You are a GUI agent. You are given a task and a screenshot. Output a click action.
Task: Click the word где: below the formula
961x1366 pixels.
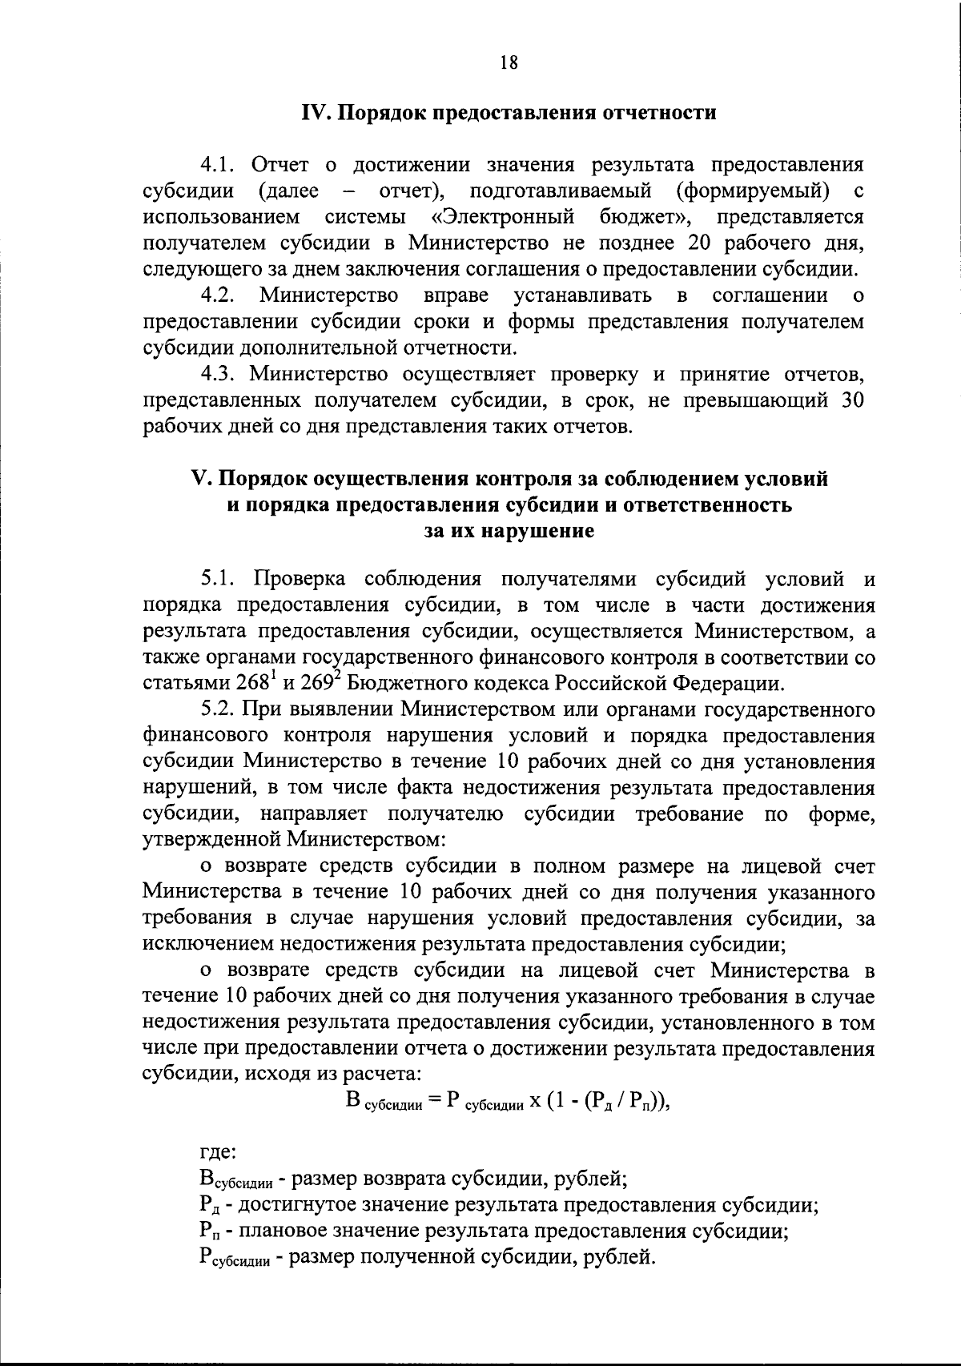point(217,1153)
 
